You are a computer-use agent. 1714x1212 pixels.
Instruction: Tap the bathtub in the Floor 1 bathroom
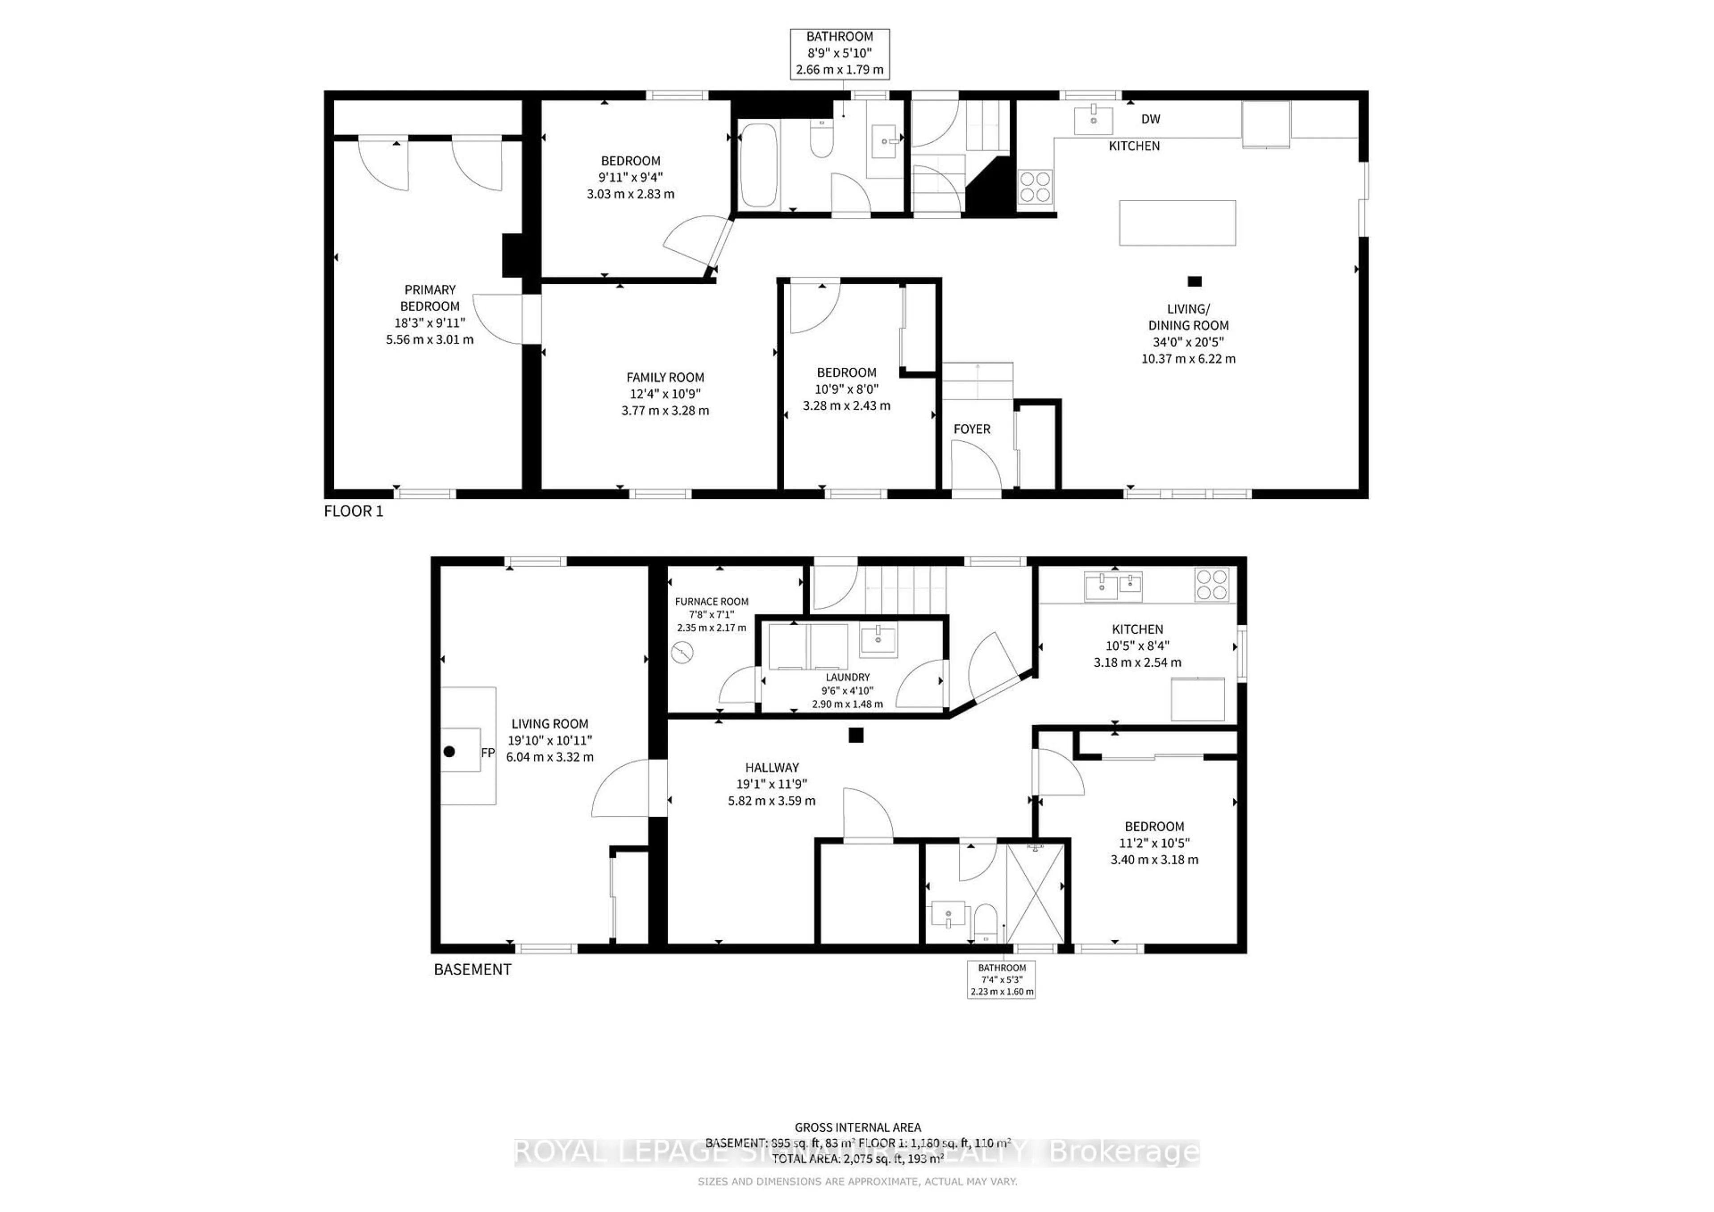pos(758,165)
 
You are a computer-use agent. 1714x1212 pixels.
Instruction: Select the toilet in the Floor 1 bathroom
pos(821,140)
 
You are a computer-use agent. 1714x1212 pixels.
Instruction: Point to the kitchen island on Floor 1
pos(1177,222)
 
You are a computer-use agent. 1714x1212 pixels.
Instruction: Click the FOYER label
pos(972,429)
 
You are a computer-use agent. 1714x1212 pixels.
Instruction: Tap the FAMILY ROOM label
pos(665,378)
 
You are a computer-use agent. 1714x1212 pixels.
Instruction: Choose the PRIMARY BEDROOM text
pos(430,298)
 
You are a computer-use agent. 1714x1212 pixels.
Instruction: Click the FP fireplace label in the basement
pos(487,753)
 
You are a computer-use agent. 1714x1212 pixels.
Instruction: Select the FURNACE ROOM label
pos(711,602)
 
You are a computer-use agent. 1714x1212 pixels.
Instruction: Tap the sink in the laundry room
pos(879,639)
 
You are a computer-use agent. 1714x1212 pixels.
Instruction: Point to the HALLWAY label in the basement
pos(772,767)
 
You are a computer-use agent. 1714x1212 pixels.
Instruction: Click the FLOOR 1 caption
pos(353,511)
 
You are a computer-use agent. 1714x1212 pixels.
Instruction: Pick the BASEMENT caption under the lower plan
pos(473,969)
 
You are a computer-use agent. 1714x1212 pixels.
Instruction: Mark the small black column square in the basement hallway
pos(856,735)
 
